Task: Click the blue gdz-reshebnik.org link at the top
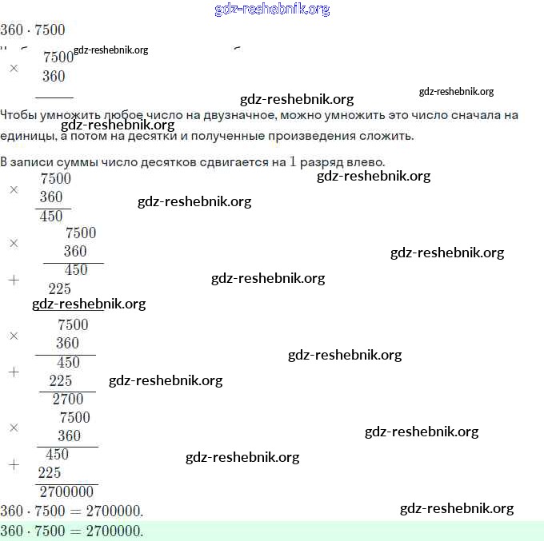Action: pos(272,10)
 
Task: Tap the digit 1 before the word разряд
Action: pos(293,161)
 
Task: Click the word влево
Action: pos(366,161)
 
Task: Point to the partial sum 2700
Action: pos(67,400)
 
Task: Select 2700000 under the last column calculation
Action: pos(66,492)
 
